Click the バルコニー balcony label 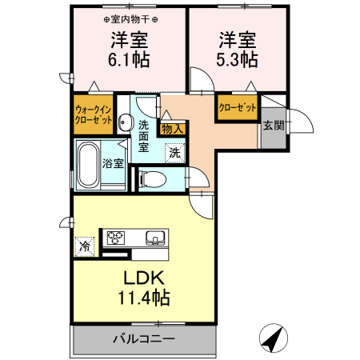(144, 339)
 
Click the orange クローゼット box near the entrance (236, 107)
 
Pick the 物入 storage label (173, 127)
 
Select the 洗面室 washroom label (144, 136)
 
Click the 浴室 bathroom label (113, 164)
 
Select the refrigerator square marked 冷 (84, 247)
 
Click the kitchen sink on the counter (156, 237)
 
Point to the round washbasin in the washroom (125, 122)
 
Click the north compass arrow (274, 338)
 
